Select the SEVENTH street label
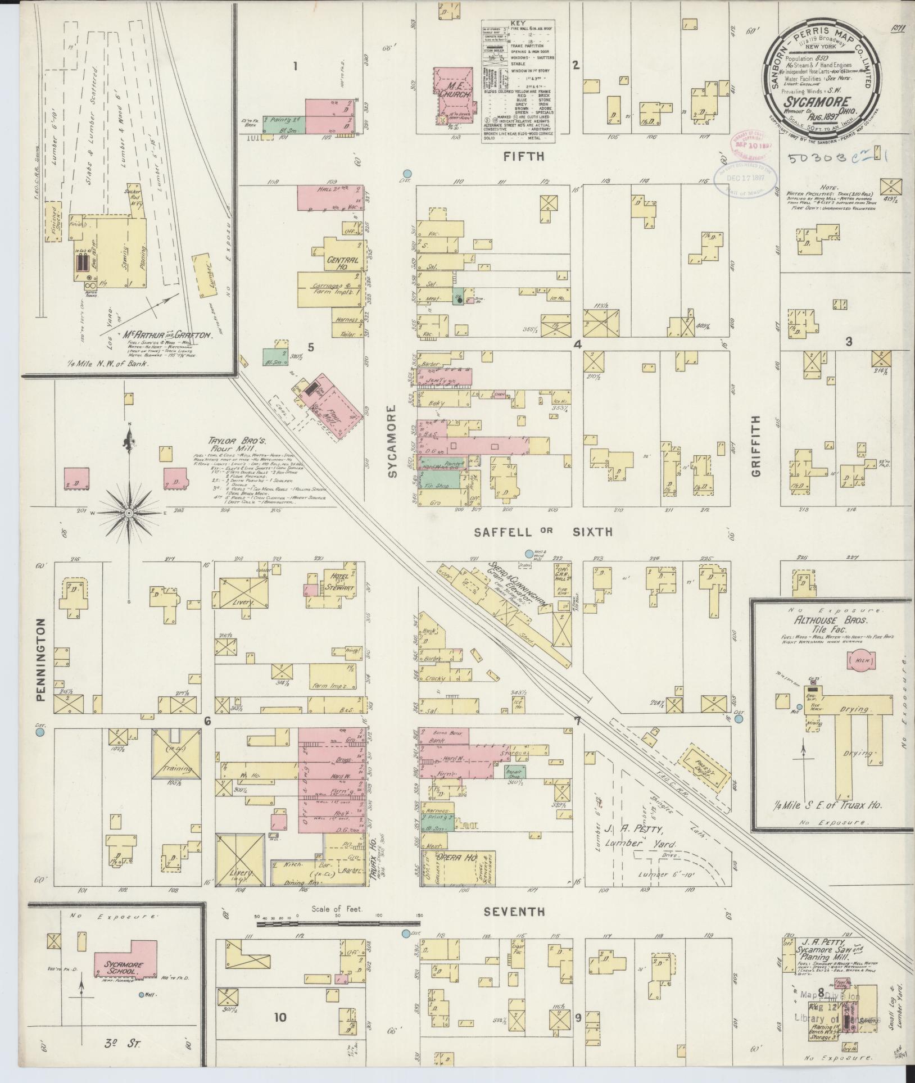[x=515, y=912]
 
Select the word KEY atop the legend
[x=518, y=24]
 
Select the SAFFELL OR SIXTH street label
[x=542, y=532]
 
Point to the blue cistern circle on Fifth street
[x=408, y=174]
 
